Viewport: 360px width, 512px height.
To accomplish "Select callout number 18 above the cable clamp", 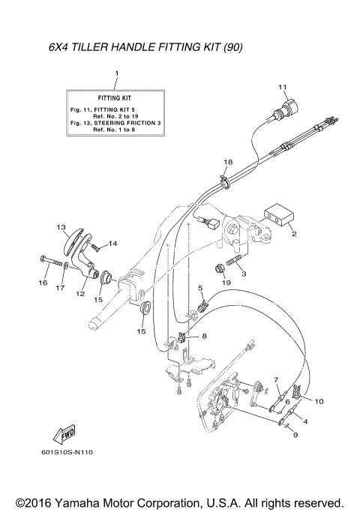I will [228, 162].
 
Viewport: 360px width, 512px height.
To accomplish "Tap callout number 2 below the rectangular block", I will [294, 235].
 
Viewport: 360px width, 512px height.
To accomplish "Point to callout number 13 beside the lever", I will [61, 226].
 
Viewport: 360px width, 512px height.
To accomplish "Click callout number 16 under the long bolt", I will [41, 283].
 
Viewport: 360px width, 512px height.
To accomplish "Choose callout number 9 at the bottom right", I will [295, 436].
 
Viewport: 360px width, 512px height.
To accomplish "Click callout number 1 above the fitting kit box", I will [117, 73].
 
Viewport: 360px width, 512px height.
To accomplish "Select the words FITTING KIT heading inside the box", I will [117, 98].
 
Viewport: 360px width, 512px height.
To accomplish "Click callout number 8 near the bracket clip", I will [203, 338].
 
